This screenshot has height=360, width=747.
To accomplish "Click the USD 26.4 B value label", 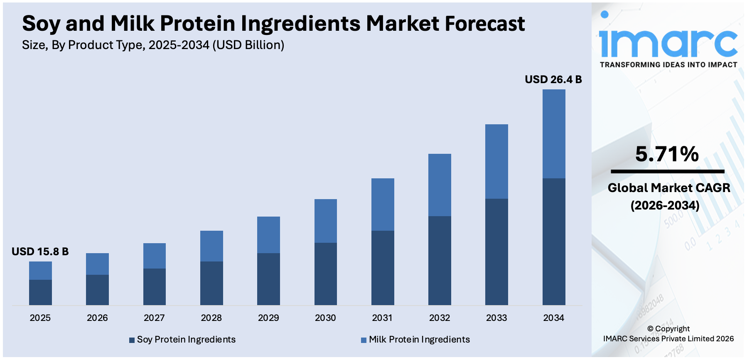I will coord(553,79).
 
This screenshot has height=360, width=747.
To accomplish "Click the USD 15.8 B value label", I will coord(40,252).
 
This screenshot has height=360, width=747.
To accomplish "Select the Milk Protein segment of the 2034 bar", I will coord(553,134).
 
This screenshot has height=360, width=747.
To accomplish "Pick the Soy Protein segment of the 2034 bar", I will coord(553,242).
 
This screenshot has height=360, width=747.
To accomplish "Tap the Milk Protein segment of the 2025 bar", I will coord(40,271).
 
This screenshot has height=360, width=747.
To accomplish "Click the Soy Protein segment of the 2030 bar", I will coord(325,274).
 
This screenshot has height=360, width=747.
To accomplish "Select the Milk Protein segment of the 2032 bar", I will coord(440,185).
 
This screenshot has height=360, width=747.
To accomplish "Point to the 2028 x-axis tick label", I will coord(211,318).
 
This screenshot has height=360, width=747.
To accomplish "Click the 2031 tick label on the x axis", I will coord(382,318).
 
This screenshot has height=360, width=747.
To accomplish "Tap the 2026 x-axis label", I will coord(97,318).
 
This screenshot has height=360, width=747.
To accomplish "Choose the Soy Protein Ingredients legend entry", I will coord(183,340).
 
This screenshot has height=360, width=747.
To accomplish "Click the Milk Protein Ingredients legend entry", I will coord(415,340).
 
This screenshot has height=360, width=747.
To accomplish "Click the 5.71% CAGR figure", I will coord(667,154).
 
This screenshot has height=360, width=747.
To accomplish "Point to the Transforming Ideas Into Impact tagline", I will coord(668,65).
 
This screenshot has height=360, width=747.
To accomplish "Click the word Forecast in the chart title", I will coord(485,24).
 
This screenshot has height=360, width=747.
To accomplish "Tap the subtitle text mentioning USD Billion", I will coord(153,45).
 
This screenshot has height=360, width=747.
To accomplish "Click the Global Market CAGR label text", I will coord(668,188).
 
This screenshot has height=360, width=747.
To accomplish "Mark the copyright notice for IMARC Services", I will coord(668,334).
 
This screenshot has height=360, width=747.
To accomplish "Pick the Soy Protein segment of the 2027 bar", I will coord(154,287).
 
